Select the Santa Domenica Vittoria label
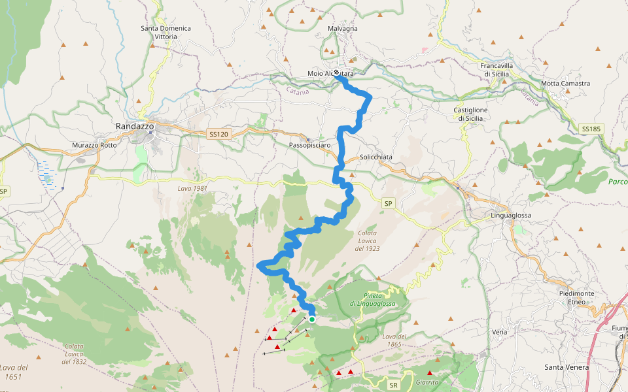click(x=166, y=32)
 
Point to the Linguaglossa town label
click(x=511, y=215)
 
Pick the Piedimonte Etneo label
click(x=577, y=297)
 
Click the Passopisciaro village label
click(x=309, y=144)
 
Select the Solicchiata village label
click(x=376, y=157)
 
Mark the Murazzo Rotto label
click(x=95, y=144)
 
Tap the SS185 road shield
click(x=590, y=129)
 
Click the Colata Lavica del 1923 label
click(x=368, y=240)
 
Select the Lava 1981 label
click(x=192, y=188)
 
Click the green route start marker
click(x=312, y=319)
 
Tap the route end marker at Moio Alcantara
click(x=336, y=73)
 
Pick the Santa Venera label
click(x=567, y=367)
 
